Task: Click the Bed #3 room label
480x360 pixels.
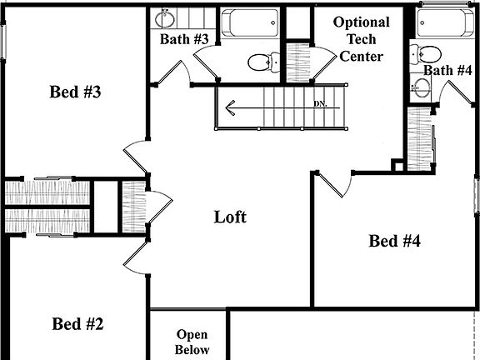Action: pyautogui.click(x=76, y=92)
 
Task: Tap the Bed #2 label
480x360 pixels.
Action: pyautogui.click(x=77, y=323)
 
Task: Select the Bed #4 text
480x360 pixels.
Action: pyautogui.click(x=394, y=242)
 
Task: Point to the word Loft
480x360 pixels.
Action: pyautogui.click(x=231, y=217)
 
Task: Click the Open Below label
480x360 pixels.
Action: pyautogui.click(x=192, y=342)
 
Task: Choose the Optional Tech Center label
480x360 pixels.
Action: pyautogui.click(x=361, y=39)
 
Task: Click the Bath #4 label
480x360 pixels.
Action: pyautogui.click(x=447, y=70)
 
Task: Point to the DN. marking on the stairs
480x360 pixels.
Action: pyautogui.click(x=321, y=104)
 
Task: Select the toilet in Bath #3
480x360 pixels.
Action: pyautogui.click(x=264, y=61)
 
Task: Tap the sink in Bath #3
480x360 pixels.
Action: pyautogui.click(x=164, y=19)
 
